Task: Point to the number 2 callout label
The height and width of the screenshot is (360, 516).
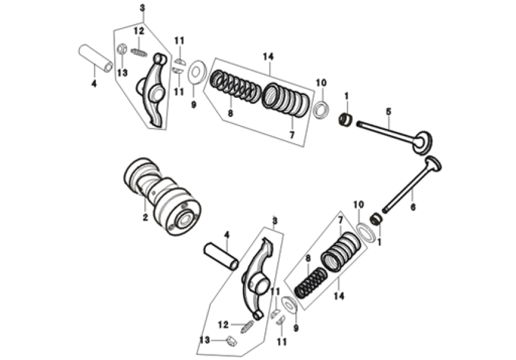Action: (145, 218)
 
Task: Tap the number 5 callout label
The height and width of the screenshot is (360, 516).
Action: (388, 111)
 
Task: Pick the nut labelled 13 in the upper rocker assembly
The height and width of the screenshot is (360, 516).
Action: (122, 49)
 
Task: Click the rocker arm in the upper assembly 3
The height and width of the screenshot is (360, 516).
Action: (155, 90)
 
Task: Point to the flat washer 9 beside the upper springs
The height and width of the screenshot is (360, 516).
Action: (195, 73)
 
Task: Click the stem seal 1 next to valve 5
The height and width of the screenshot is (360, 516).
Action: (346, 119)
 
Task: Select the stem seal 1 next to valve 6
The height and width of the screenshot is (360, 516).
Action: (376, 219)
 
